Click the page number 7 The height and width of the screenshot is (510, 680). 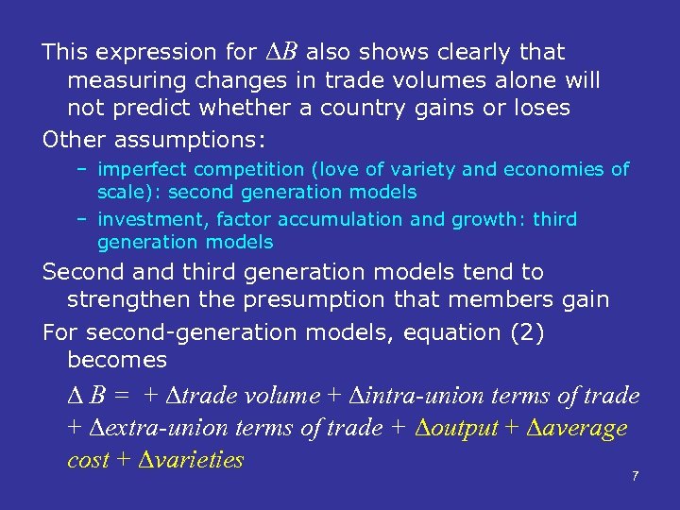point(635,476)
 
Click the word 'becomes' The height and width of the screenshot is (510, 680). point(117,360)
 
